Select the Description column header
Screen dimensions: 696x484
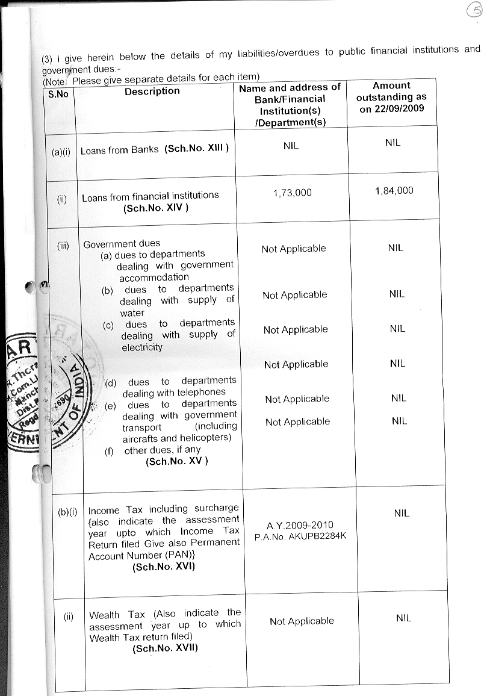[x=152, y=91]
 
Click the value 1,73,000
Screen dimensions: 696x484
[x=292, y=193]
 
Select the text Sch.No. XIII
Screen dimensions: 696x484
[x=196, y=149]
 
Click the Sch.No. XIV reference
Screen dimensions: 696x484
[x=156, y=208]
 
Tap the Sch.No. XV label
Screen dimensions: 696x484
[x=177, y=462]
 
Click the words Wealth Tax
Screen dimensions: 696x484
[x=117, y=615]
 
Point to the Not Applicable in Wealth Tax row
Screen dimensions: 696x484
[x=302, y=621]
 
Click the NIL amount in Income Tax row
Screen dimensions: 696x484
[x=402, y=513]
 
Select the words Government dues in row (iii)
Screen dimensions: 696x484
[x=122, y=244]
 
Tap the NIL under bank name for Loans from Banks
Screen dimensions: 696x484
[x=291, y=146]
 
